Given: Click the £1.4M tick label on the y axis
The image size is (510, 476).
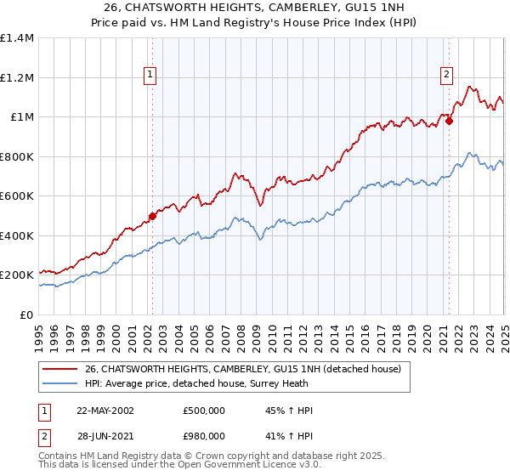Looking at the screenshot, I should [17, 38].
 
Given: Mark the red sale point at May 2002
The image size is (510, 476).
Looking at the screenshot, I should [153, 216].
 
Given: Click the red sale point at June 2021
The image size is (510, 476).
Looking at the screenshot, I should [449, 121].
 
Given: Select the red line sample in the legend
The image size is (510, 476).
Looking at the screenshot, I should [59, 369].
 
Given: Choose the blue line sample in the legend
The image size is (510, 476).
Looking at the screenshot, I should [59, 383].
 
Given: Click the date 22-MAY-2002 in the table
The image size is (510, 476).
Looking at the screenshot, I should [105, 411].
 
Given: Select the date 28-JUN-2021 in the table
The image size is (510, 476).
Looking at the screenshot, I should [105, 435].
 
